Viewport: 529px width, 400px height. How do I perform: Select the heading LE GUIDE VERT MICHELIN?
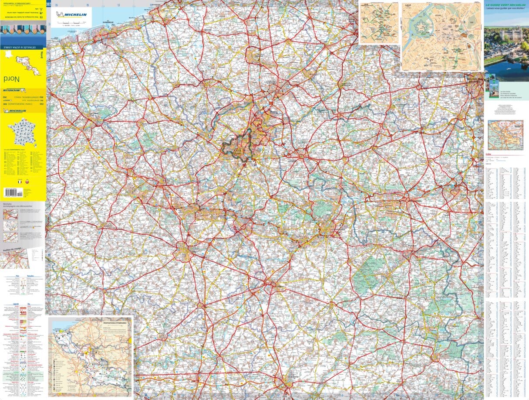(x=506, y=5)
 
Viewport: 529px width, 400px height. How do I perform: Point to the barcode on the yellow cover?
(x=13, y=191)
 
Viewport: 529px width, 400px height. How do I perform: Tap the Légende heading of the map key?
(x=9, y=304)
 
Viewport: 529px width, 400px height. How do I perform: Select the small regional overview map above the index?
(x=505, y=135)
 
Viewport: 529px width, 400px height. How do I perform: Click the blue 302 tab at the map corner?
(x=49, y=5)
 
